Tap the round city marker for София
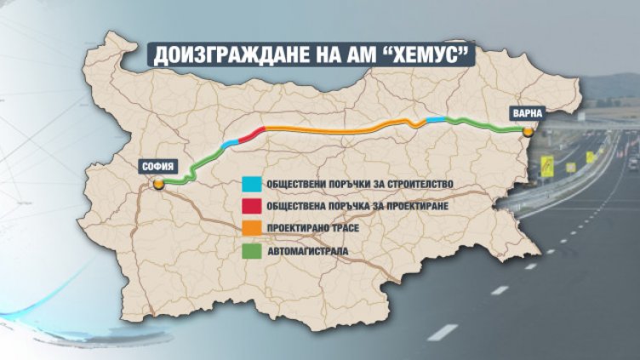point(158,182)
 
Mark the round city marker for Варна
point(529,131)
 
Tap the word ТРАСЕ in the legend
point(354,227)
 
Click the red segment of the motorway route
point(249,135)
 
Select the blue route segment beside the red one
point(230,145)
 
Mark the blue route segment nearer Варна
point(435,121)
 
